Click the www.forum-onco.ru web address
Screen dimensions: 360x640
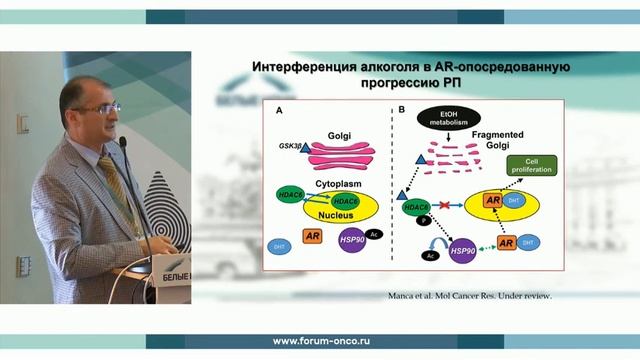click(x=319, y=341)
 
